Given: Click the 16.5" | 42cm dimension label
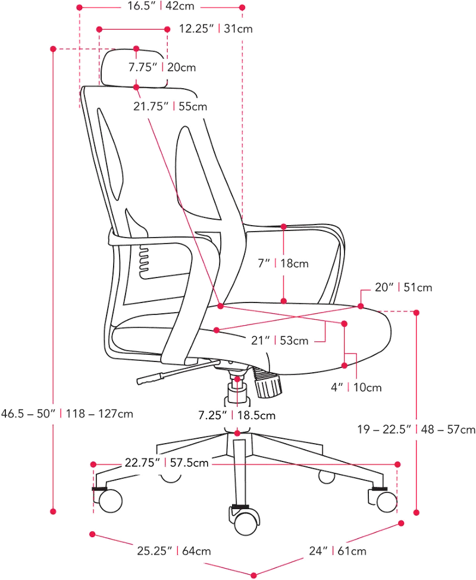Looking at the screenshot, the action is pos(161,7).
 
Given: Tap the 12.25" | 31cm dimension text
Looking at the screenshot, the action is pos(216,29).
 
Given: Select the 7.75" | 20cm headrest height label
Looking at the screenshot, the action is pos(162,67).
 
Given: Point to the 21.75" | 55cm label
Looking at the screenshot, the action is pos(170,107).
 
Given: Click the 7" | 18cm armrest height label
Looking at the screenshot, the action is pos(283,263).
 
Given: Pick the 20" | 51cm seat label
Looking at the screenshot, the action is pos(403,288).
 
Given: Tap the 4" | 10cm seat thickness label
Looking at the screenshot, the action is pos(356,387).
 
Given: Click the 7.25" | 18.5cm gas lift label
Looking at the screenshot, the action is pos(237,416).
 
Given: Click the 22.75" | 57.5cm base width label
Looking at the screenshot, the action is pos(167,463).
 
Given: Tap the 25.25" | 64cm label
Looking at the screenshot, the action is pos(174,551).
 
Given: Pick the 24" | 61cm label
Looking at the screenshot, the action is pos(338,551).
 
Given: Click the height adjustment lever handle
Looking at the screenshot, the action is pos(150,378).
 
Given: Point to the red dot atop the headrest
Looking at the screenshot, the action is pos(136,48).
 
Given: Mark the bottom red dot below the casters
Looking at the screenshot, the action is pos(254,575).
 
